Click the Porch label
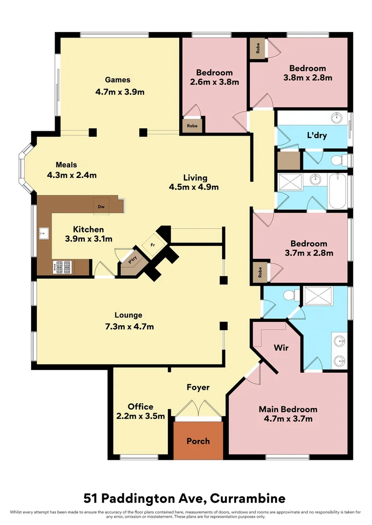click(x=198, y=441)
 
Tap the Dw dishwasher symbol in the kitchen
click(x=101, y=207)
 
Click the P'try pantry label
click(x=132, y=260)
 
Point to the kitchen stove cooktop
click(x=61, y=267)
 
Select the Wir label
click(x=281, y=348)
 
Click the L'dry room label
click(x=316, y=136)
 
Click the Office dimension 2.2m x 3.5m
click(x=140, y=416)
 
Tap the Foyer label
click(x=198, y=387)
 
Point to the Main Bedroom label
click(x=288, y=409)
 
